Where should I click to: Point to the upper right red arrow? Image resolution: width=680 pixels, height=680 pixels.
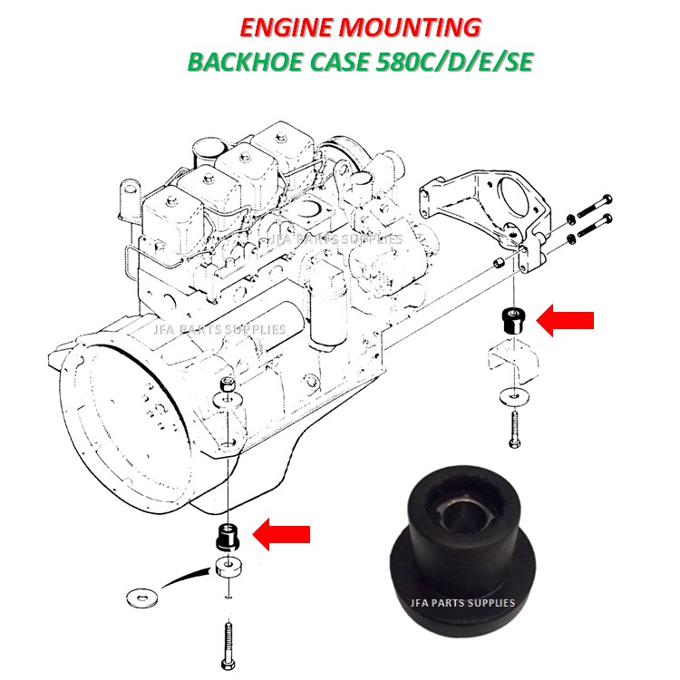click(566, 319)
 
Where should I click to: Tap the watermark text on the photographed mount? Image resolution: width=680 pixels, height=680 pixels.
click(464, 602)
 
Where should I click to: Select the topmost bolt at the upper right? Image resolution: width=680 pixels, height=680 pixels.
click(594, 202)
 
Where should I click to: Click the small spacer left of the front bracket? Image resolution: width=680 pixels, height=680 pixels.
click(498, 264)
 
